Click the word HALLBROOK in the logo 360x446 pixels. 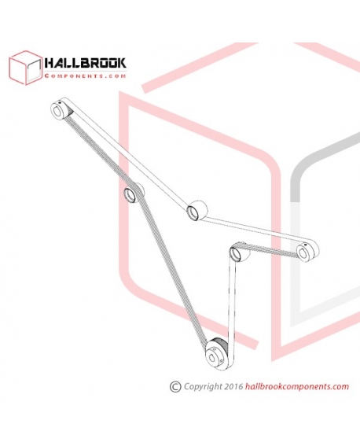coord(85,63)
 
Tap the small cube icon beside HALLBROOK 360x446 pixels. coord(26,68)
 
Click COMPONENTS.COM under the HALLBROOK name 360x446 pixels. coord(85,76)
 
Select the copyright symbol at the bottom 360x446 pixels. coord(175,387)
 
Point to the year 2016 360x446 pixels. coord(233,386)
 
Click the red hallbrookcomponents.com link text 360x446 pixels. coord(296,386)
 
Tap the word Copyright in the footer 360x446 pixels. coord(203,387)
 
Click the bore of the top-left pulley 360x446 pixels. coord(57,112)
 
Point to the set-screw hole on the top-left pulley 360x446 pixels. coord(60,103)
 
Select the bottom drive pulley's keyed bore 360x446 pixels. coord(212,359)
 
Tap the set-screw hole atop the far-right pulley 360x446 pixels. coord(304,245)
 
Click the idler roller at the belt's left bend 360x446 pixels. coord(133,192)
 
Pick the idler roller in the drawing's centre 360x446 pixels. coord(197,210)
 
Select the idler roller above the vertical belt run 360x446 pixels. coord(239,252)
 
